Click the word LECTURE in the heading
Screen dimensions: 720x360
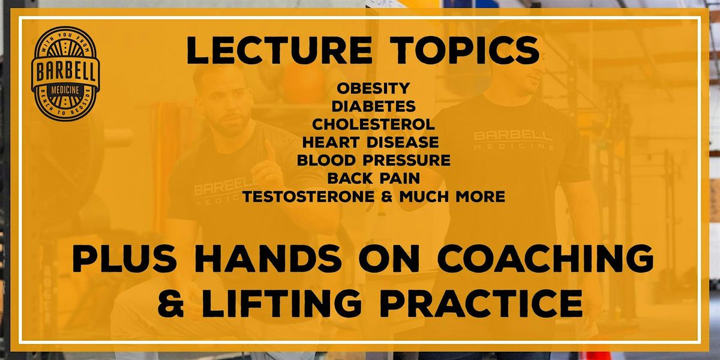(279, 50)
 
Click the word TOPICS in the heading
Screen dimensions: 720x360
(467, 50)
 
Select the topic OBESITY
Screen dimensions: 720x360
(373, 88)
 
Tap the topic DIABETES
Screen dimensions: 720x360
(373, 106)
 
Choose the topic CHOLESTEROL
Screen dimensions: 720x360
(373, 124)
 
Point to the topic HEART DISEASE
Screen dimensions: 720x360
(371, 142)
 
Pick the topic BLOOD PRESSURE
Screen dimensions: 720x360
(373, 160)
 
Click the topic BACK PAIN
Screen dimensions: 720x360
(373, 178)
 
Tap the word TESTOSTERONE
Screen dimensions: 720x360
(308, 196)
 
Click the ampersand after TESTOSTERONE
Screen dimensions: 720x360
(386, 196)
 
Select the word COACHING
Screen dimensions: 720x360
(545, 259)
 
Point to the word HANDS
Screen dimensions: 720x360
(268, 259)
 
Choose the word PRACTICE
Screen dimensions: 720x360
(481, 303)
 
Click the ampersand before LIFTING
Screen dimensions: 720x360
(170, 303)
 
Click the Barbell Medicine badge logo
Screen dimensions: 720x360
(65, 74)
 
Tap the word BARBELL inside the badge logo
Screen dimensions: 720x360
(65, 72)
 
